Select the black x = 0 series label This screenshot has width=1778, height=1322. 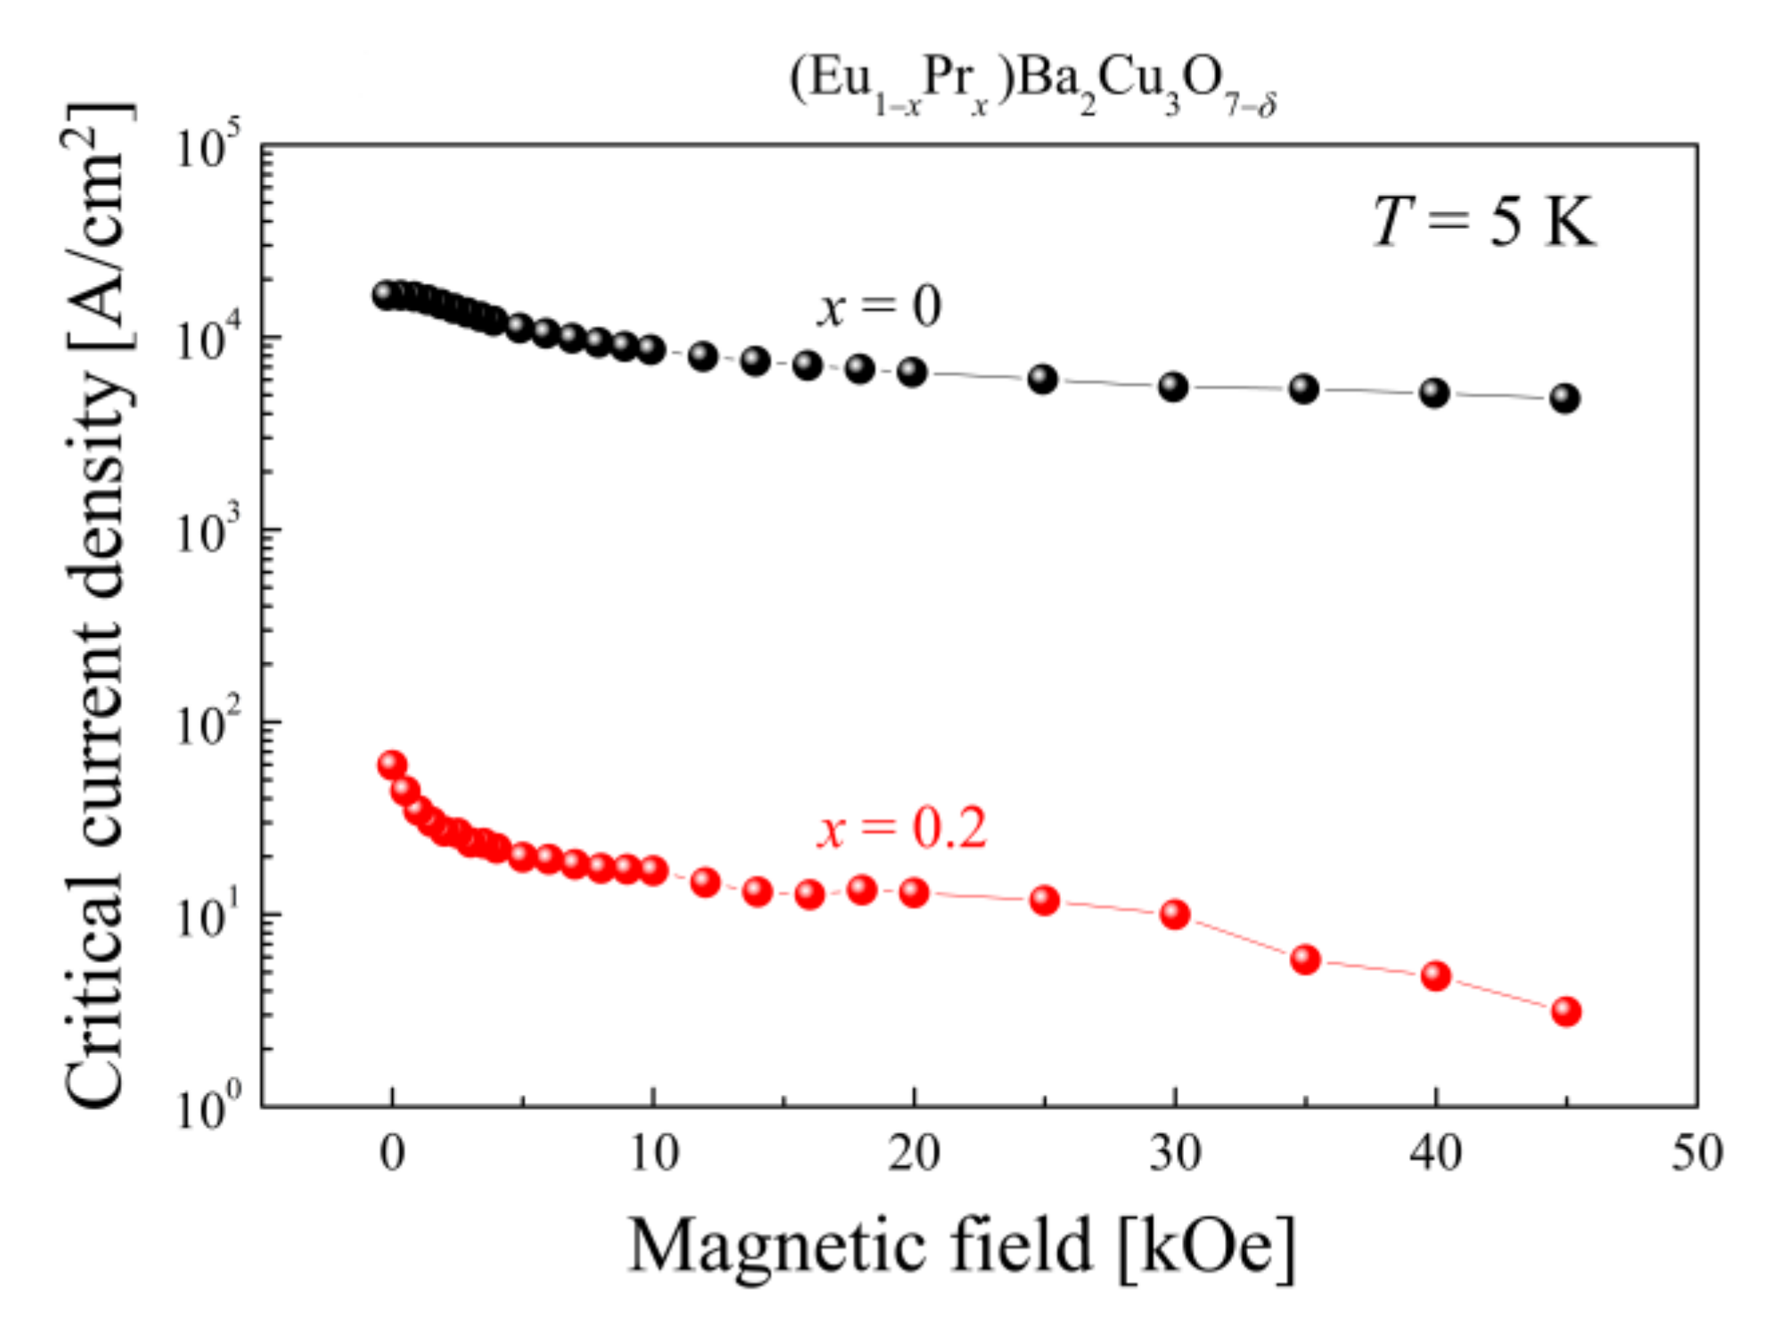coord(879,307)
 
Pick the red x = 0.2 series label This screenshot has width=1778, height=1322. coord(901,828)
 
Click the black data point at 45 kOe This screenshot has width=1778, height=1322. coord(1565,398)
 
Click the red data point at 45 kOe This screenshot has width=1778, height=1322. coord(1566,1011)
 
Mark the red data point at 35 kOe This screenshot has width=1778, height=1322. coord(1305,959)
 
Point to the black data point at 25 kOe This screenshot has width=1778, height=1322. coord(1043,379)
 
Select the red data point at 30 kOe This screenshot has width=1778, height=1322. coord(1175,914)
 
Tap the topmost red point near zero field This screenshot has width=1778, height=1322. coord(392,764)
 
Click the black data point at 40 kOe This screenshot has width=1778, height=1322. coord(1434,393)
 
